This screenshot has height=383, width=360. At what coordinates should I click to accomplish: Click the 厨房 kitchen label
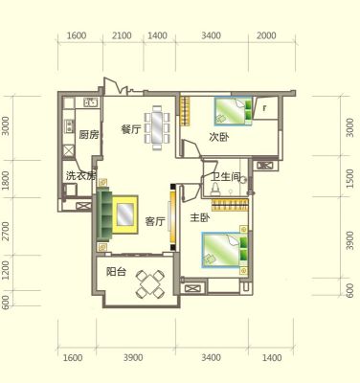click(x=89, y=135)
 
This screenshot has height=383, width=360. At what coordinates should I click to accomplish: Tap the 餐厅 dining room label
click(x=131, y=129)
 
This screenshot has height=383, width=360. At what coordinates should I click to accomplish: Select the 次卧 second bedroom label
click(x=219, y=137)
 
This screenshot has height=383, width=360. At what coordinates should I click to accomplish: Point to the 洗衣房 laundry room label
click(x=80, y=176)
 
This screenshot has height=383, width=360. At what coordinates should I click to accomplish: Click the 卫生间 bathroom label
click(x=225, y=177)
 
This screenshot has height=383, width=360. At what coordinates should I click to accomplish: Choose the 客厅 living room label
click(x=155, y=221)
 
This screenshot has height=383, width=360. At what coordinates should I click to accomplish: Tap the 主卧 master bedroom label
click(x=200, y=218)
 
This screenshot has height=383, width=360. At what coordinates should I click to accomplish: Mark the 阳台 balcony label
click(x=116, y=272)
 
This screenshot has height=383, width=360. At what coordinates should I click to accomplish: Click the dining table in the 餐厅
click(x=157, y=127)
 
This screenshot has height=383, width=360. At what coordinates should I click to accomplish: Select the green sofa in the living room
click(x=104, y=215)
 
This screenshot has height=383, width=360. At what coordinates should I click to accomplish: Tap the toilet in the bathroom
click(x=214, y=190)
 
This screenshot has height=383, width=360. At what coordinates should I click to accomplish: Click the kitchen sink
click(x=92, y=102)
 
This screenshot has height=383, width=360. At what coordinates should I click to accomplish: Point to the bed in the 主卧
click(x=225, y=250)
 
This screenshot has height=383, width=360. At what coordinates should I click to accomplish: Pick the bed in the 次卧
click(x=234, y=111)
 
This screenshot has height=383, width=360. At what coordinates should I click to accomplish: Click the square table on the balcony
click(x=150, y=283)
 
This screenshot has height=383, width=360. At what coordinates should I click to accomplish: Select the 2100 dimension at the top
click(x=123, y=35)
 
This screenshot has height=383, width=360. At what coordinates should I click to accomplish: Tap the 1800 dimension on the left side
click(x=6, y=180)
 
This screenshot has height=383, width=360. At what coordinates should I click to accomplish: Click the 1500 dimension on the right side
click(x=349, y=178)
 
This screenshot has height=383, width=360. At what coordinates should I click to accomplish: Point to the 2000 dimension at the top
click(x=266, y=35)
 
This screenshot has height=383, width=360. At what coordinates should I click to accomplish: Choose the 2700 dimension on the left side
click(x=6, y=232)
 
